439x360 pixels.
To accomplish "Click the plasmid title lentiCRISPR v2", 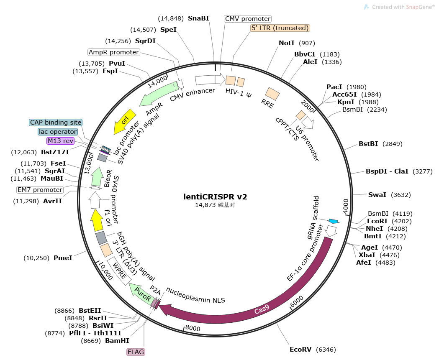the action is (x=215, y=197).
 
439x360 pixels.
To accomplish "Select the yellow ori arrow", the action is (x=124, y=121).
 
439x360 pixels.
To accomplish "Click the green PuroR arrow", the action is (x=141, y=294).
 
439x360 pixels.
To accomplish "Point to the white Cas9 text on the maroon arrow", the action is (x=262, y=309).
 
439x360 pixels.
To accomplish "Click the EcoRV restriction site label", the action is (x=300, y=350).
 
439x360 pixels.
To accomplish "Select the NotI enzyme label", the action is (x=286, y=43).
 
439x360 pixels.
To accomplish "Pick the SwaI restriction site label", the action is (x=377, y=195).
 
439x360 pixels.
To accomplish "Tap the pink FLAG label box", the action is (x=136, y=352).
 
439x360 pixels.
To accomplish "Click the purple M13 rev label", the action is (x=61, y=141).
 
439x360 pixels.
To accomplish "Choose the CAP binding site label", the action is (x=56, y=122).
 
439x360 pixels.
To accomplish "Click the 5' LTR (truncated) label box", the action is (x=280, y=28).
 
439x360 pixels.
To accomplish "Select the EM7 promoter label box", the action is (x=40, y=190).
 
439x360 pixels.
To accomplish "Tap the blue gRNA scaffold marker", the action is (x=334, y=221).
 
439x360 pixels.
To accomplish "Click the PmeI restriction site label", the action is (x=63, y=258).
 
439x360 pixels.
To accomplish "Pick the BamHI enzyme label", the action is (x=117, y=341).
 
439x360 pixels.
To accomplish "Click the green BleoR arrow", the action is (x=97, y=176).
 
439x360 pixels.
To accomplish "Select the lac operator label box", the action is (x=58, y=131).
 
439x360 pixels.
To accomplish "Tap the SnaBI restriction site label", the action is (x=198, y=18).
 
